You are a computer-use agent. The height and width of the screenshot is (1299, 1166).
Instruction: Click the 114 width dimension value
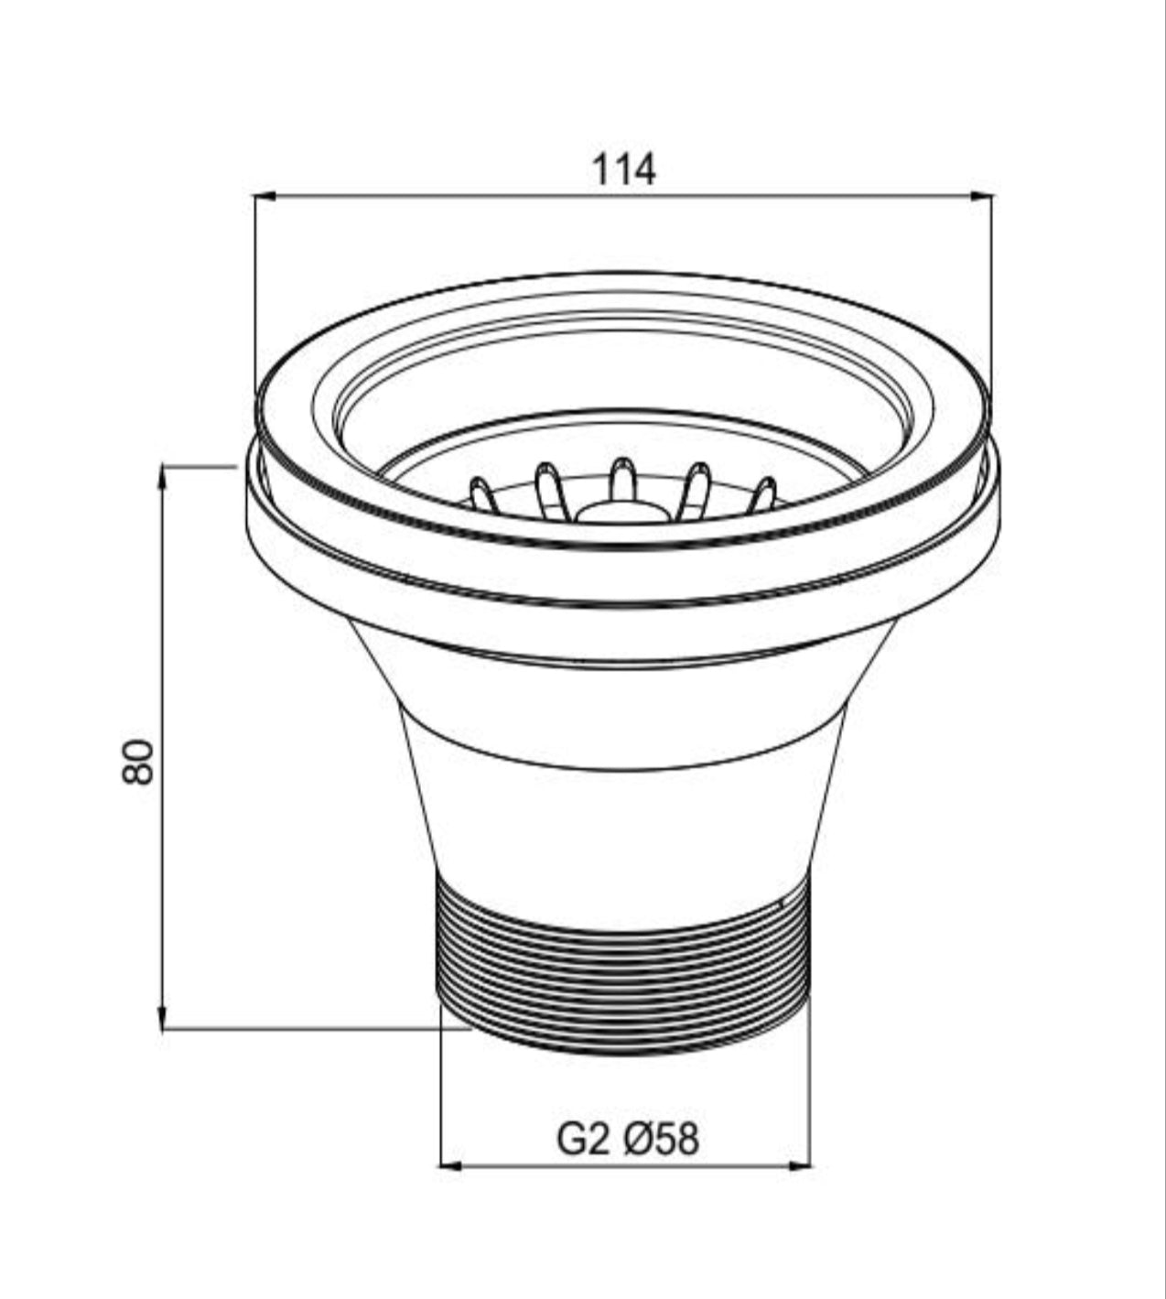(624, 170)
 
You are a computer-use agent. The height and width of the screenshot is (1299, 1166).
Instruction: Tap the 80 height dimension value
(138, 761)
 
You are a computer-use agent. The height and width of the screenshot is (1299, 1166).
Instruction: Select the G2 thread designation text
(583, 1140)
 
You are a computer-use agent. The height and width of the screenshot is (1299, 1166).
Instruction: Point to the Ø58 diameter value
(661, 1140)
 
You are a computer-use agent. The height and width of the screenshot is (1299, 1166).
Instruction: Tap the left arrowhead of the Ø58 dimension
(449, 1166)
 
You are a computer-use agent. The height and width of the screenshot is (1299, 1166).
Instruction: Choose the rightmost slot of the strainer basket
(763, 494)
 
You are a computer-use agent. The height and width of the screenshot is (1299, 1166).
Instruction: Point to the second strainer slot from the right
(697, 483)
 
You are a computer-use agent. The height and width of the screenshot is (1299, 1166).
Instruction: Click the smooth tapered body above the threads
(622, 815)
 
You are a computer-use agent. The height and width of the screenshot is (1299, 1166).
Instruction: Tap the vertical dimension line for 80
(163, 641)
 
